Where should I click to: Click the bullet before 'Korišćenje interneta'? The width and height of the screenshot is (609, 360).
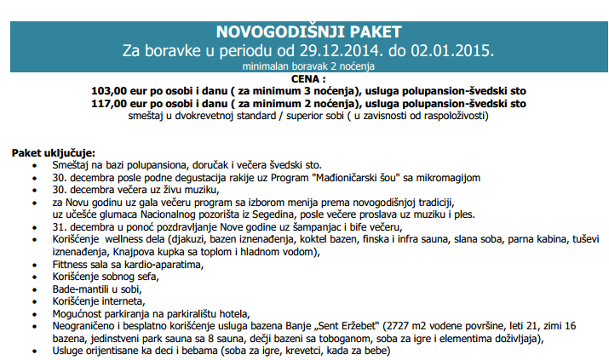(x=33, y=300)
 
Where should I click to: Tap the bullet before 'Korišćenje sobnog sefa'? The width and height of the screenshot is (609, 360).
(x=33, y=276)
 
